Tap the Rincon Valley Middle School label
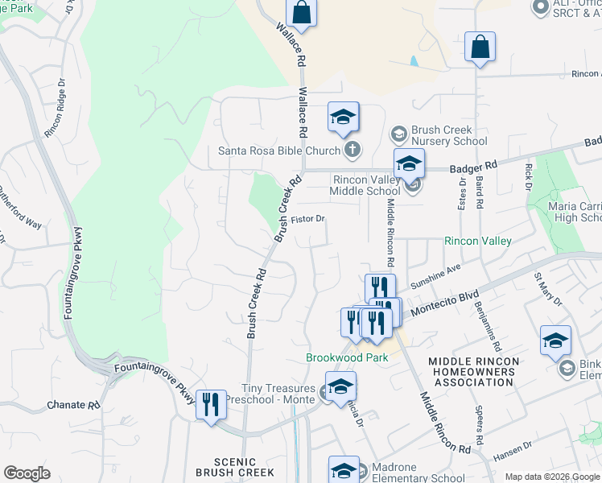tap(365, 185)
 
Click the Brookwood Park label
tap(347, 357)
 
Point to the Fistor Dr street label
tap(307, 218)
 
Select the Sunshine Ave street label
tap(435, 276)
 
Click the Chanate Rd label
tap(77, 404)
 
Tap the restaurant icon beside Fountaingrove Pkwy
tap(211, 403)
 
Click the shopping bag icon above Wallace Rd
tap(301, 12)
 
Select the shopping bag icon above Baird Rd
tap(480, 47)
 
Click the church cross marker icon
tap(353, 150)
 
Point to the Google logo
tap(27, 473)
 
